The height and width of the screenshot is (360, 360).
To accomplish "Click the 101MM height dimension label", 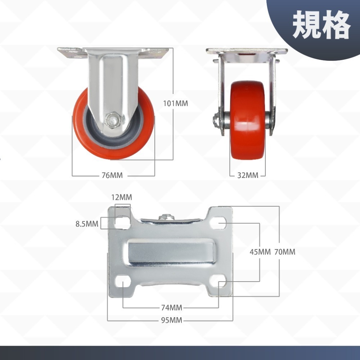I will [x=175, y=104].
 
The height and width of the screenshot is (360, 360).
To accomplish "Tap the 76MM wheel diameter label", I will [x=112, y=176].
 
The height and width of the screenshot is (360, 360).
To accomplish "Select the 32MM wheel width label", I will [x=248, y=176].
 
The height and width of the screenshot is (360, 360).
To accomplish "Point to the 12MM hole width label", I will [x=122, y=197].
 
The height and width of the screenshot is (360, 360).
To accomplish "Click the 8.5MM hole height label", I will [x=87, y=224].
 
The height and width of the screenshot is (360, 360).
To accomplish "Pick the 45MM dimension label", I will [x=260, y=252].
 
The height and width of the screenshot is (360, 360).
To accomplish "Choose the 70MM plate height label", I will [x=285, y=252].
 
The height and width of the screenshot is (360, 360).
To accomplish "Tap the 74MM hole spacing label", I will [x=171, y=308].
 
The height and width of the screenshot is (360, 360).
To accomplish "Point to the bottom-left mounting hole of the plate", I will [x=123, y=281].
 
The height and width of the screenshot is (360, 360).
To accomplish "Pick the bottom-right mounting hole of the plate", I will [x=219, y=281].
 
